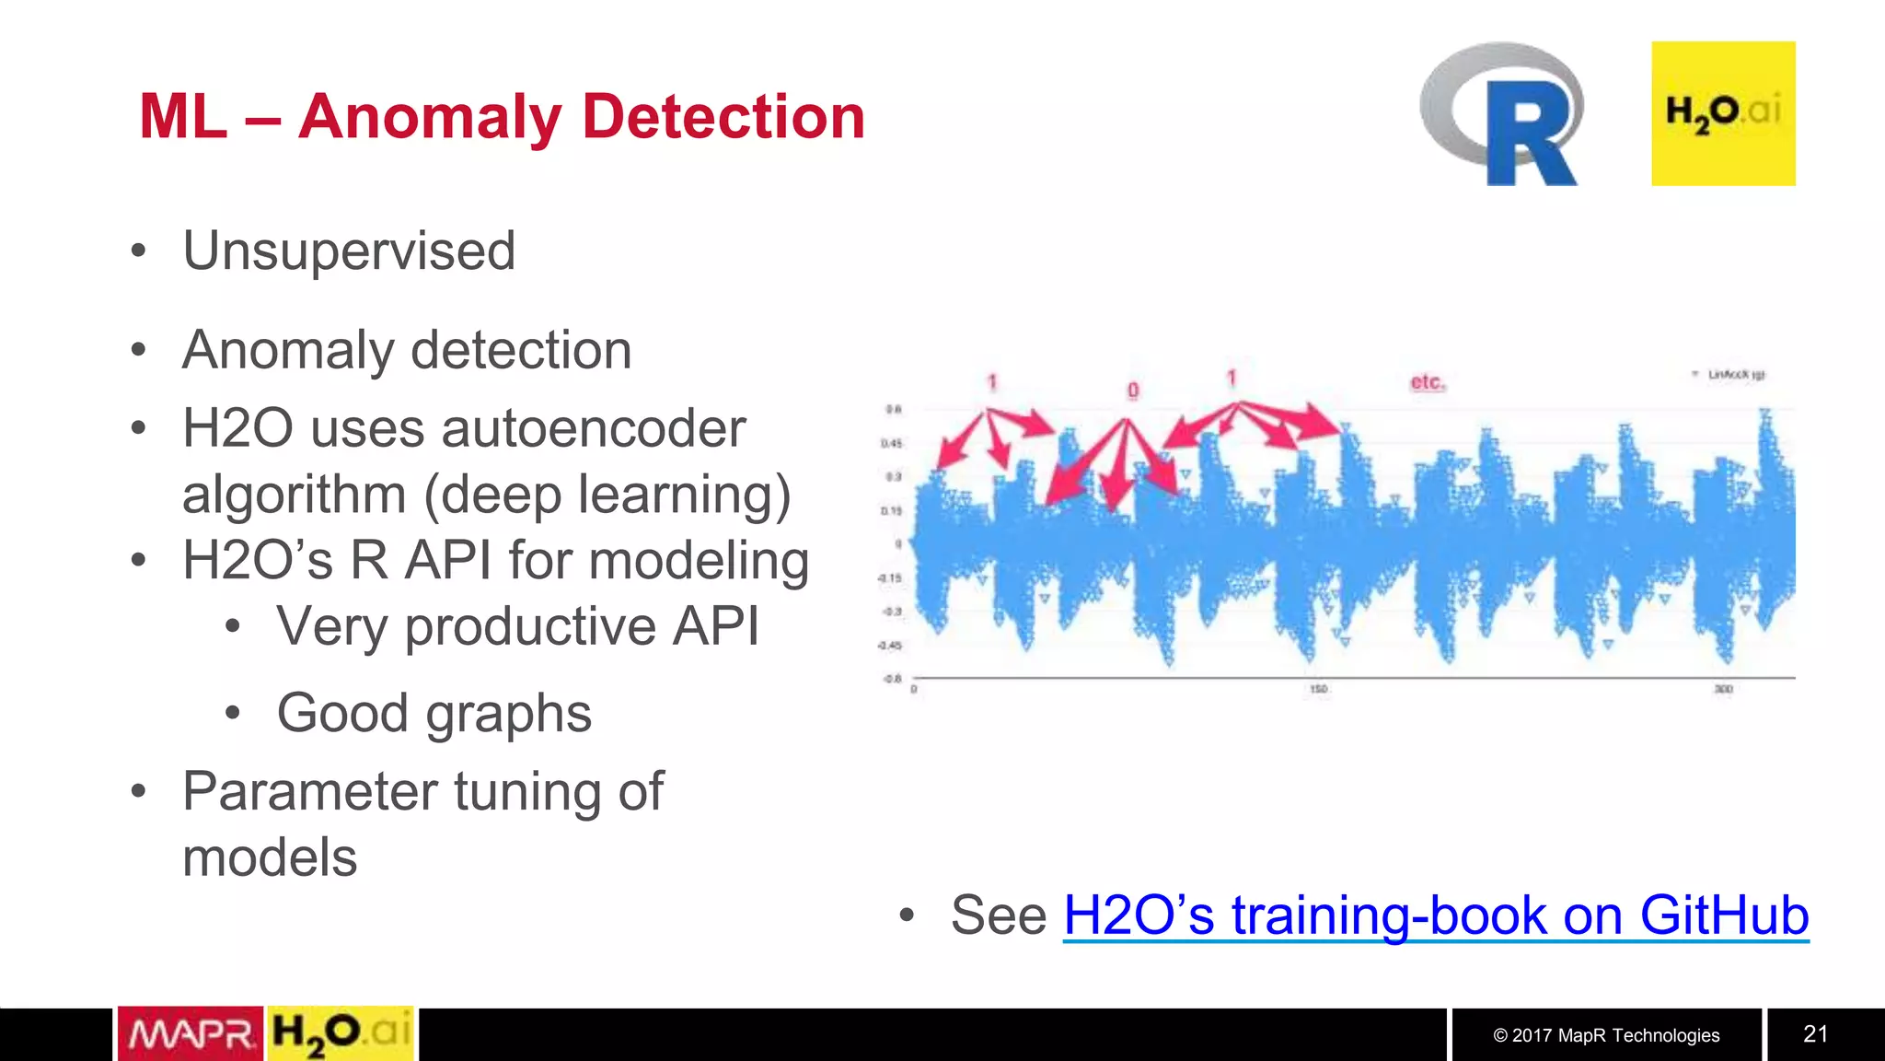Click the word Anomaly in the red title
(x=429, y=117)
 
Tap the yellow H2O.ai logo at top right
(x=1722, y=113)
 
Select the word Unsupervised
(x=349, y=251)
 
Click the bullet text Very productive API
(x=518, y=626)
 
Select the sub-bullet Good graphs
(x=434, y=713)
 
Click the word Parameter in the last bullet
(x=310, y=791)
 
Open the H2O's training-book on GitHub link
(x=1435, y=915)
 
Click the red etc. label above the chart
(x=1427, y=381)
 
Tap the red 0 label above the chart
(x=1133, y=391)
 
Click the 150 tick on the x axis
(x=1318, y=689)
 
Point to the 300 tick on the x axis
(x=1723, y=689)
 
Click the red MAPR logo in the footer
(x=191, y=1034)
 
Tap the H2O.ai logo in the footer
(x=341, y=1034)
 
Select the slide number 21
(x=1815, y=1034)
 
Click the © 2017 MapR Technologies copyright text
(x=1606, y=1035)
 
